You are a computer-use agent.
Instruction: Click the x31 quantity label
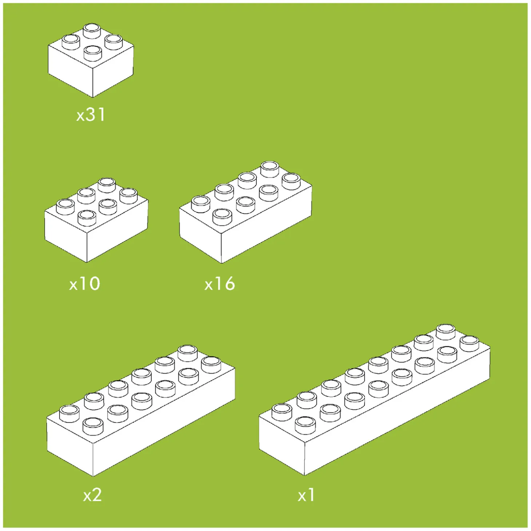click(91, 115)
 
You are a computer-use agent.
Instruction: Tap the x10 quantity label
click(85, 283)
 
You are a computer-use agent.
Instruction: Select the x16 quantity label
click(220, 283)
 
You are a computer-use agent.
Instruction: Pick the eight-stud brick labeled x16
click(245, 212)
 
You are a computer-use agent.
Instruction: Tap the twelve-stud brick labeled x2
click(141, 410)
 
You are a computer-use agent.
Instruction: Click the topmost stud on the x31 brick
click(92, 31)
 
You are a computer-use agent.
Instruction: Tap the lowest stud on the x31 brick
click(92, 53)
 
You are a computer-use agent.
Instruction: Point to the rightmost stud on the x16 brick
click(292, 181)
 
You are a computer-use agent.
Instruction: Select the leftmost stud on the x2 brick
click(69, 414)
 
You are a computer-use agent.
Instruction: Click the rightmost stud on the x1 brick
click(469, 344)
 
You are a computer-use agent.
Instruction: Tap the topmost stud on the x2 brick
click(188, 353)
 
